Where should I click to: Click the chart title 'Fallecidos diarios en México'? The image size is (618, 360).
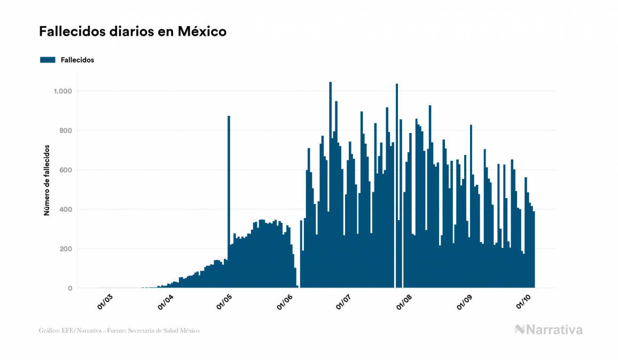[x=132, y=32]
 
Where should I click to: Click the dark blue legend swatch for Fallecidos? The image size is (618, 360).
[x=48, y=60]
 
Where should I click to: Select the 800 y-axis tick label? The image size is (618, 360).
[x=65, y=130]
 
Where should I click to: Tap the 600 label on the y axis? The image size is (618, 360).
[x=65, y=170]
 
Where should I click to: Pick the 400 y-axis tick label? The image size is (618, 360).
[x=65, y=209]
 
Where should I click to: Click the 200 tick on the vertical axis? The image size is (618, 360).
[x=65, y=249]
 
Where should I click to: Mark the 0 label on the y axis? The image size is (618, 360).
[x=69, y=288]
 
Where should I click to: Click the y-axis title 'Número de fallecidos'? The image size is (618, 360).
[x=46, y=180]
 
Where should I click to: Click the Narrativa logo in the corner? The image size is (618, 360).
[x=549, y=330]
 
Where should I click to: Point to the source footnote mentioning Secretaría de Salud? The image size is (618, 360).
[x=119, y=331]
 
